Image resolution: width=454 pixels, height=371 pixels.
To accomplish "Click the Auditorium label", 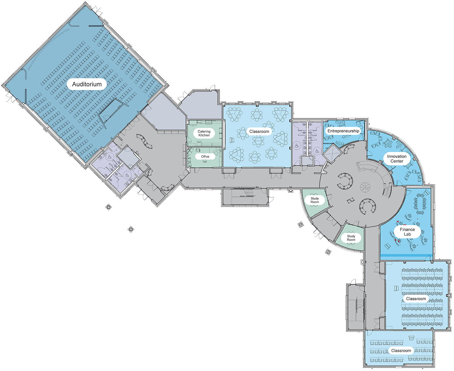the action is point(87,84).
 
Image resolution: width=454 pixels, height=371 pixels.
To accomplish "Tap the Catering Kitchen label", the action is point(204,133).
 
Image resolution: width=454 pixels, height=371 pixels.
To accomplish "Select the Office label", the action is point(205,156).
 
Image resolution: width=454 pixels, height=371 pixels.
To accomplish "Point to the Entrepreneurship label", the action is point(343,131).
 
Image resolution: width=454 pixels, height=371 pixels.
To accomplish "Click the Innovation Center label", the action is point(397,159).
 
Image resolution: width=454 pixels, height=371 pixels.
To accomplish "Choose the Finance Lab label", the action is point(407,232).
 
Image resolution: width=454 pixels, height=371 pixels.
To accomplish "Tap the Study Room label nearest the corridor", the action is point(315,200).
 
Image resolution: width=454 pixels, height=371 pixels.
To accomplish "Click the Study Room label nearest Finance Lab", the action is point(351,238).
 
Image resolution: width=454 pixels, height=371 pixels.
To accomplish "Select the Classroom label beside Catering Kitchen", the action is point(259,132).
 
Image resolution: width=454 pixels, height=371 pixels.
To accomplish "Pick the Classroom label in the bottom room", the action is point(401,350).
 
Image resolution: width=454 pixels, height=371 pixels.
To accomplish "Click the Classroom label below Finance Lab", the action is point(416,299).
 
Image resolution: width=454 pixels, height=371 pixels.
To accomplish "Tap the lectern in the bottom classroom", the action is point(411,338).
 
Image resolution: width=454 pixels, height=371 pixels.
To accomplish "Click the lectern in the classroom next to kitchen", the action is point(232,140).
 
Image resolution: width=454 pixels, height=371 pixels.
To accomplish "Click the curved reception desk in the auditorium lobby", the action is point(144,141).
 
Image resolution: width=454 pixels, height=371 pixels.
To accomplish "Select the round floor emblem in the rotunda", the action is point(365,187).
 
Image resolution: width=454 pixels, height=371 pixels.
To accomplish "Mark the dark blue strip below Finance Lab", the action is point(406,255).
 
